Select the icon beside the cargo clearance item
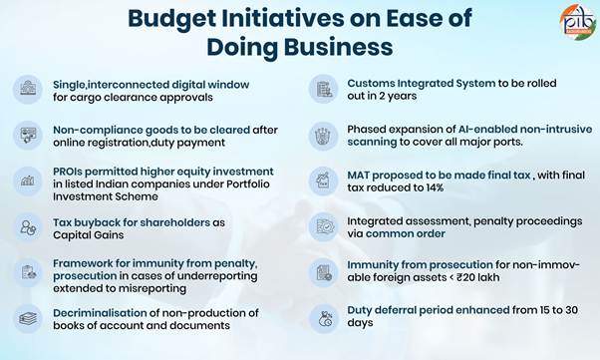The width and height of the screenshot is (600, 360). pos(28,90)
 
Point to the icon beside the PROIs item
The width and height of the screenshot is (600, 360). pos(28,181)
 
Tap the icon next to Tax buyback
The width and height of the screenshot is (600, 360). pos(28,227)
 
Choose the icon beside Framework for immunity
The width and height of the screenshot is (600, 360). pos(28,272)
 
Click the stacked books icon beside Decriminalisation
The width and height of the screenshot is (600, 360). pos(28,319)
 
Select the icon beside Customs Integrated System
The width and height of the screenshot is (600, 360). pos(323,90)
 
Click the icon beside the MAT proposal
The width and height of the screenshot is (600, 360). pos(323,181)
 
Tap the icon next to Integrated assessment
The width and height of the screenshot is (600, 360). pos(323,227)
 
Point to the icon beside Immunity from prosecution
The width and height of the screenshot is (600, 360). pos(323,272)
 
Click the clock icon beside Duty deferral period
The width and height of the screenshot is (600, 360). pos(323,318)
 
